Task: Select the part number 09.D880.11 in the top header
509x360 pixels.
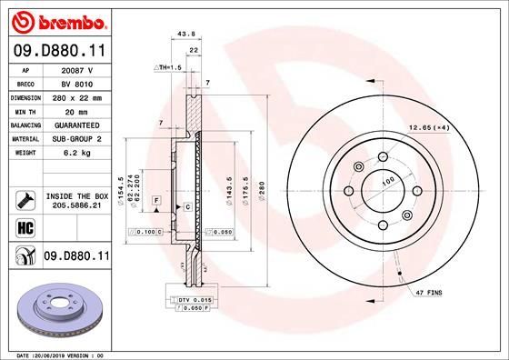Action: pyautogui.click(x=55, y=53)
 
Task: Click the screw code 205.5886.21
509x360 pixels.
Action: pyautogui.click(x=77, y=207)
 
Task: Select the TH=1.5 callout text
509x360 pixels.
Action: pyautogui.click(x=170, y=68)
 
